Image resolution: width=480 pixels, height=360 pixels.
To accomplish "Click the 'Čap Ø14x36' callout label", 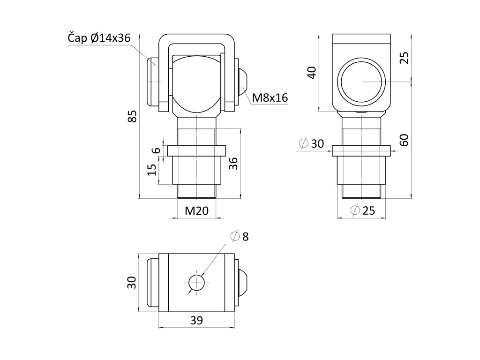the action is tap(99, 38).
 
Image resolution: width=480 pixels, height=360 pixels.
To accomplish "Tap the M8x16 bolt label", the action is tap(270, 97).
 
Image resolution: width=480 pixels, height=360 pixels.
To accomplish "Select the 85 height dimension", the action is tap(132, 116).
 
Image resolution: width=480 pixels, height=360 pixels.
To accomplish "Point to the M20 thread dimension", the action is tap(196, 210).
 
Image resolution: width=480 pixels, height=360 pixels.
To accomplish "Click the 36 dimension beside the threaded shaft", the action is tap(233, 164).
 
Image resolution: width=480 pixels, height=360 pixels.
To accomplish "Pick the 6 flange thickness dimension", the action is tap(156, 150).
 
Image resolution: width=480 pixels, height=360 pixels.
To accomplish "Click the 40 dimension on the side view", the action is tap(312, 73).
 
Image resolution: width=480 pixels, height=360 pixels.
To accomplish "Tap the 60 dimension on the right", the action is tap(404, 140).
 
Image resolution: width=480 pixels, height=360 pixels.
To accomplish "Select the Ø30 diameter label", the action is tap(311, 143).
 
